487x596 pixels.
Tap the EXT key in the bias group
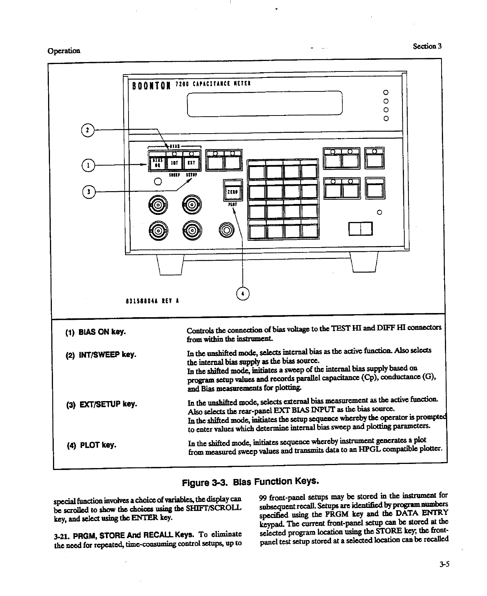pyautogui.click(x=191, y=163)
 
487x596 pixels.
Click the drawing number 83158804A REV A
pyautogui.click(x=152, y=301)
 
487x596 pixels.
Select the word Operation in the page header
pyautogui.click(x=64, y=51)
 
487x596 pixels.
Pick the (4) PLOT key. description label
pyautogui.click(x=91, y=445)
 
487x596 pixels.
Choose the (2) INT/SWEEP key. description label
pyautogui.click(x=100, y=354)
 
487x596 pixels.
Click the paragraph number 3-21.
pyautogui.click(x=62, y=534)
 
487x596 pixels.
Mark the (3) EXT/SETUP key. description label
pyautogui.click(x=101, y=404)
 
